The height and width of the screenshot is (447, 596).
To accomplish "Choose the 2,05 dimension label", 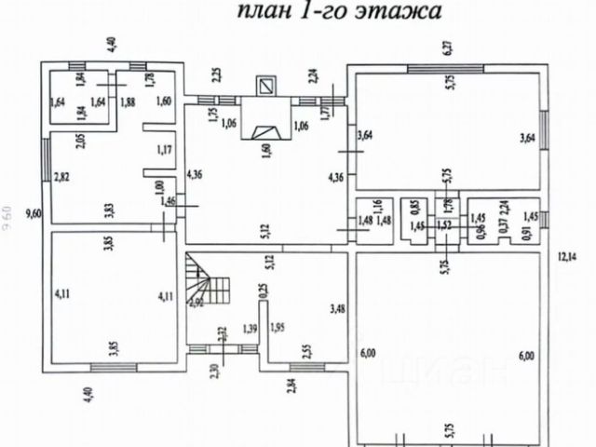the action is pos(81,142).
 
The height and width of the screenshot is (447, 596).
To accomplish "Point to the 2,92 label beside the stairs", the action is pos(196,302).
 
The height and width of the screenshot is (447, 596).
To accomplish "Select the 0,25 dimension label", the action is pos(263,291).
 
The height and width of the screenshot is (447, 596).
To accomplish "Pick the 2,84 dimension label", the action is pos(292,383).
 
